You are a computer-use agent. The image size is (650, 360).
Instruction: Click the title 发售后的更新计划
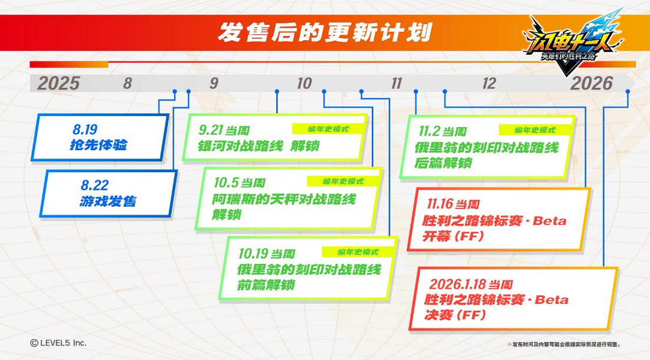324,32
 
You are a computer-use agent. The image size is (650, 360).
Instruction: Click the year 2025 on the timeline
58,83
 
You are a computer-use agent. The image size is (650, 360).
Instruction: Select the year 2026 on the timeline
591,83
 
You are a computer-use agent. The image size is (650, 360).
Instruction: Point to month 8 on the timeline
128,83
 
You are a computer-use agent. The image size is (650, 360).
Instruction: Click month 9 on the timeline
214,83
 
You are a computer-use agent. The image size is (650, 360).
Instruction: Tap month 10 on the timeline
304,83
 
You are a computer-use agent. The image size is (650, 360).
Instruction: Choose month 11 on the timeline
396,83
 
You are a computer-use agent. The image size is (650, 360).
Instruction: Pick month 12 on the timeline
489,83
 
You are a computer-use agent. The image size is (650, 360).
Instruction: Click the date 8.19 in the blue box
85,129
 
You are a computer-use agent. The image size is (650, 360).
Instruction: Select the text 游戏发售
108,202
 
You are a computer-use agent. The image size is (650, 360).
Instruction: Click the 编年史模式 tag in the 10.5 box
343,181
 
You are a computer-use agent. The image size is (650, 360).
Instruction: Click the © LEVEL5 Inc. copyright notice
58,342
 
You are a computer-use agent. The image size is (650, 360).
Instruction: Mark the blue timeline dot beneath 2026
628,91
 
